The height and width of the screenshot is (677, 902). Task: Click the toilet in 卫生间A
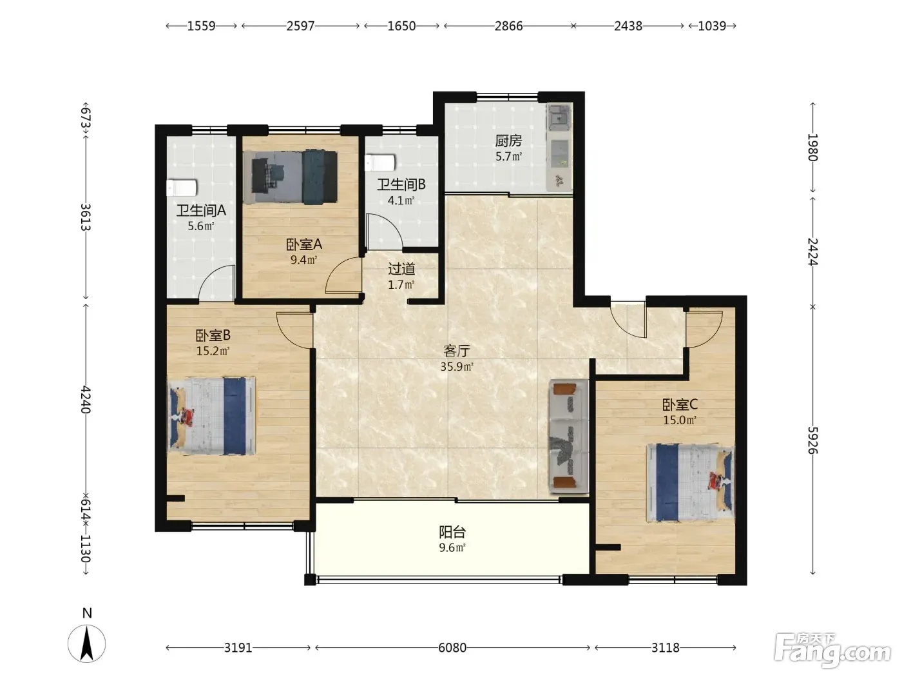pyautogui.click(x=181, y=188)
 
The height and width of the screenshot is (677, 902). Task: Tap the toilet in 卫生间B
pyautogui.click(x=379, y=162)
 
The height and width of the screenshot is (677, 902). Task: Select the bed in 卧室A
pyautogui.click(x=290, y=177)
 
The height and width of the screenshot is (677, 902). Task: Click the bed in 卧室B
pyautogui.click(x=211, y=416)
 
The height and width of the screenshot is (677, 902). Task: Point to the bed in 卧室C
pyautogui.click(x=690, y=482)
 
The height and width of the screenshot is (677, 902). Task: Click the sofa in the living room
pyautogui.click(x=569, y=436)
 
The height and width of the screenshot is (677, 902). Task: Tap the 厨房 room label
pyautogui.click(x=508, y=141)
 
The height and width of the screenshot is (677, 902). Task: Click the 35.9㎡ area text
pyautogui.click(x=457, y=366)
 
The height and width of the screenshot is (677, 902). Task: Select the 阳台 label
pyautogui.click(x=452, y=533)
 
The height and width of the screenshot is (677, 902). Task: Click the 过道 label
pyautogui.click(x=401, y=269)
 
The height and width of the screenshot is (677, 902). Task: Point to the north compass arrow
pyautogui.click(x=87, y=643)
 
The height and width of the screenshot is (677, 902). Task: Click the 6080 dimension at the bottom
pyautogui.click(x=452, y=648)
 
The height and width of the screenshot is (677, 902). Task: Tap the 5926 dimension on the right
pyautogui.click(x=812, y=440)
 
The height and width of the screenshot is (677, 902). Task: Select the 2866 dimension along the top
pyautogui.click(x=508, y=26)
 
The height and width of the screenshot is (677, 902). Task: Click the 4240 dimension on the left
pyautogui.click(x=86, y=399)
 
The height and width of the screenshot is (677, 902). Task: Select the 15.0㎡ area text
pyautogui.click(x=679, y=420)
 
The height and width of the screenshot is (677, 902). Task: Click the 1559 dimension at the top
pyautogui.click(x=202, y=26)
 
